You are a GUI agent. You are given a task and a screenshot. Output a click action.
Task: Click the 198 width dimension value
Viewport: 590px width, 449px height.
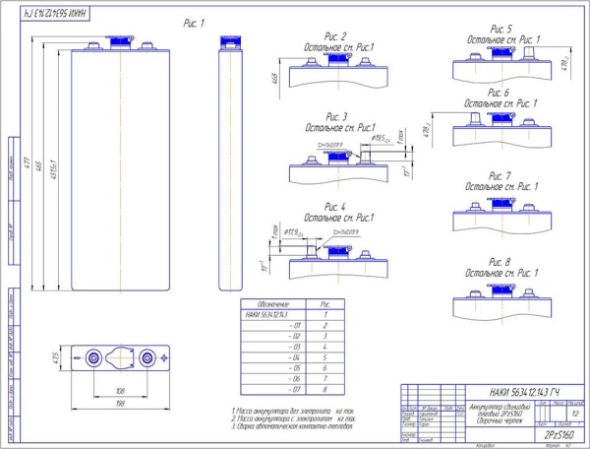pos(117,402)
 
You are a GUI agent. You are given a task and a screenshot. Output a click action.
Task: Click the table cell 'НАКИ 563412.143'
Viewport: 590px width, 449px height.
pos(266,314)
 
